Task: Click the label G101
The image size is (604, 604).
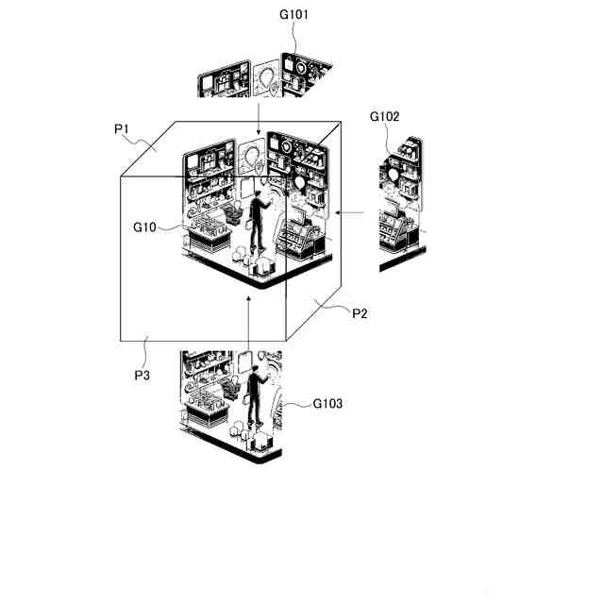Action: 294,15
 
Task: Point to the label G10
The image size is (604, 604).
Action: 144,227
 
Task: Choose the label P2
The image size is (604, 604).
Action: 360,313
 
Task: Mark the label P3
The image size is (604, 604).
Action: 143,375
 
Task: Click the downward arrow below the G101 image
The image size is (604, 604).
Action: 259,118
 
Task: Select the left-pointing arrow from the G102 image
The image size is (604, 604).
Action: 348,213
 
